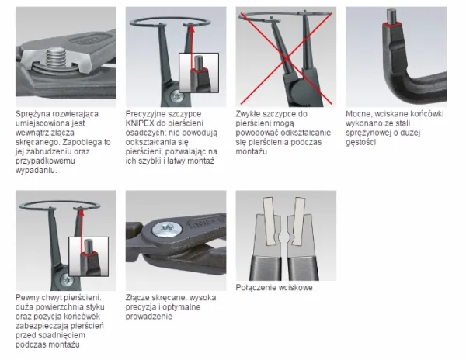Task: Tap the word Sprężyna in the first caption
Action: click(33, 114)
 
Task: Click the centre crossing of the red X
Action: click(286, 58)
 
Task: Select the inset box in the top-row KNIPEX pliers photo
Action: click(199, 73)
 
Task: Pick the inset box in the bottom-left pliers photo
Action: click(89, 257)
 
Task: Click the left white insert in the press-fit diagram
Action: click(270, 221)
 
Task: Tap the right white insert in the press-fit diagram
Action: click(297, 221)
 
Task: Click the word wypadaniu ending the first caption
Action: click(37, 171)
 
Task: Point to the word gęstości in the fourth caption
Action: click(361, 142)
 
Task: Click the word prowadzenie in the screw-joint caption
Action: click(149, 317)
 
